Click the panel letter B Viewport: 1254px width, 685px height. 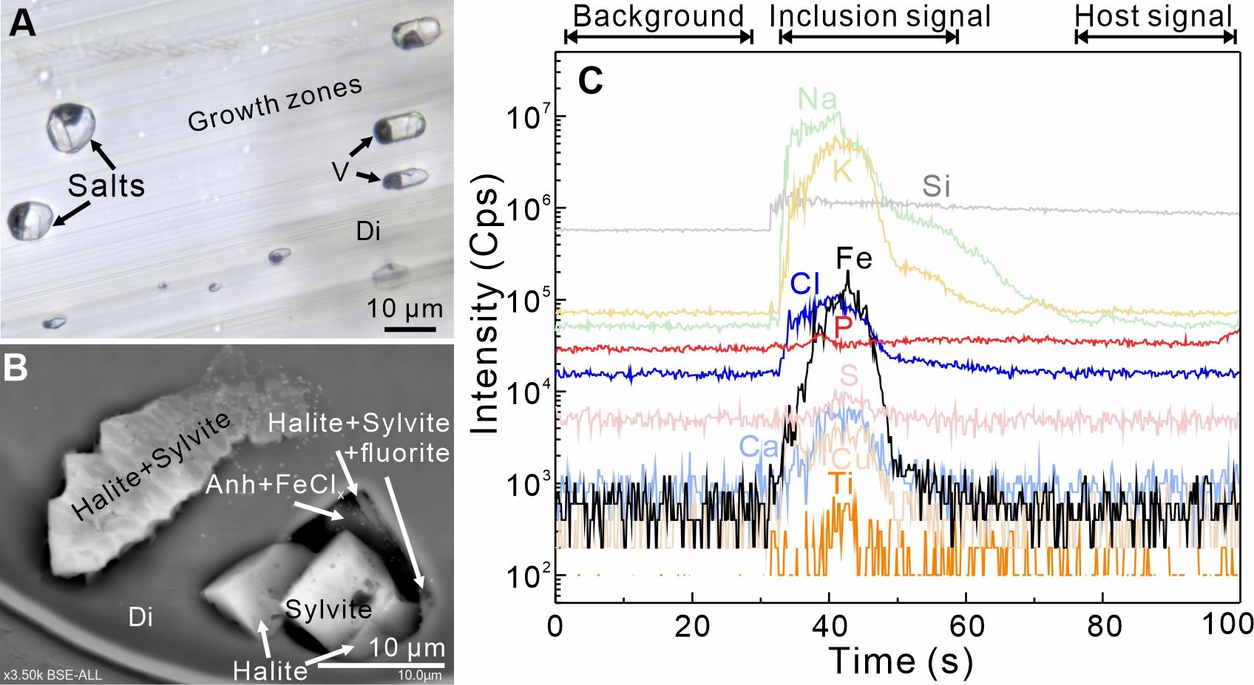[x=16, y=367]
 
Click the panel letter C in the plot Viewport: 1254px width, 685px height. [x=591, y=81]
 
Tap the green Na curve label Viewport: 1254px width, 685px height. [x=817, y=99]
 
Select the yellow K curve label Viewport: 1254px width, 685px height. [x=842, y=171]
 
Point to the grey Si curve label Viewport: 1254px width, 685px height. [x=935, y=186]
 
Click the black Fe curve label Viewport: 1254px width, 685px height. [x=854, y=258]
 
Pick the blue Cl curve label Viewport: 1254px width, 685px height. [x=804, y=283]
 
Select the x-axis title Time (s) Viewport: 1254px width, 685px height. [x=900, y=660]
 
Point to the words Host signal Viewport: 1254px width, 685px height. [x=1153, y=16]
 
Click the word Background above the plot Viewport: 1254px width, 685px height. [x=658, y=16]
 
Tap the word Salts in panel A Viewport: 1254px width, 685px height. [x=106, y=185]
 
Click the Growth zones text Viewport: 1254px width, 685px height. [x=274, y=104]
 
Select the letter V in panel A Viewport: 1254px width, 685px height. [x=339, y=171]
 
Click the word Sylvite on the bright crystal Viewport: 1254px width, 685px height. [x=328, y=610]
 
